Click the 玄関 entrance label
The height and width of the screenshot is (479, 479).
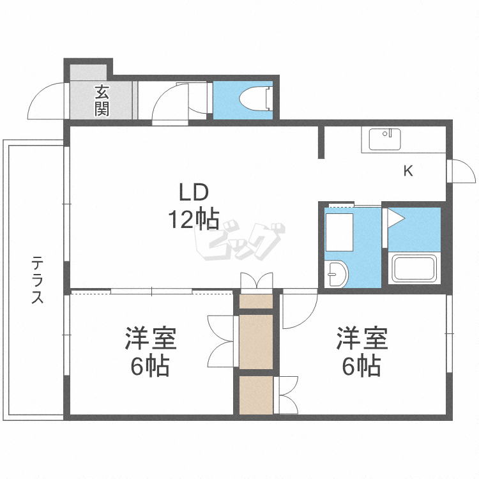[x=102, y=100]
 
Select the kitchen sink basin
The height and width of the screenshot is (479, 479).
[x=384, y=139]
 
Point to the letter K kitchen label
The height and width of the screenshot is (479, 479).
[x=408, y=171]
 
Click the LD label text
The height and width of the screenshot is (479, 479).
[x=194, y=192]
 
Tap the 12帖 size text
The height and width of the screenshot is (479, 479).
[x=194, y=218]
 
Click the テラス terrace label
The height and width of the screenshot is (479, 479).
[x=38, y=280]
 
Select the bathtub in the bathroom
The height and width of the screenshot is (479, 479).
[x=414, y=268]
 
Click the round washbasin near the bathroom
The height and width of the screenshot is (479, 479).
[x=336, y=274]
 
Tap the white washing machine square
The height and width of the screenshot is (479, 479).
[x=339, y=232]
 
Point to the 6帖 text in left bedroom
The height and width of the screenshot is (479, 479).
[x=149, y=365]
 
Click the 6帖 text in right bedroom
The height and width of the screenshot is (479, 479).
[x=361, y=365]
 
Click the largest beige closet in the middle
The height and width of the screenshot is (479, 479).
[x=256, y=342]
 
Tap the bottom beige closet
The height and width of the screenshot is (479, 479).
[x=256, y=395]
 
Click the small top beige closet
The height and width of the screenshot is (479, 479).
[x=256, y=301]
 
